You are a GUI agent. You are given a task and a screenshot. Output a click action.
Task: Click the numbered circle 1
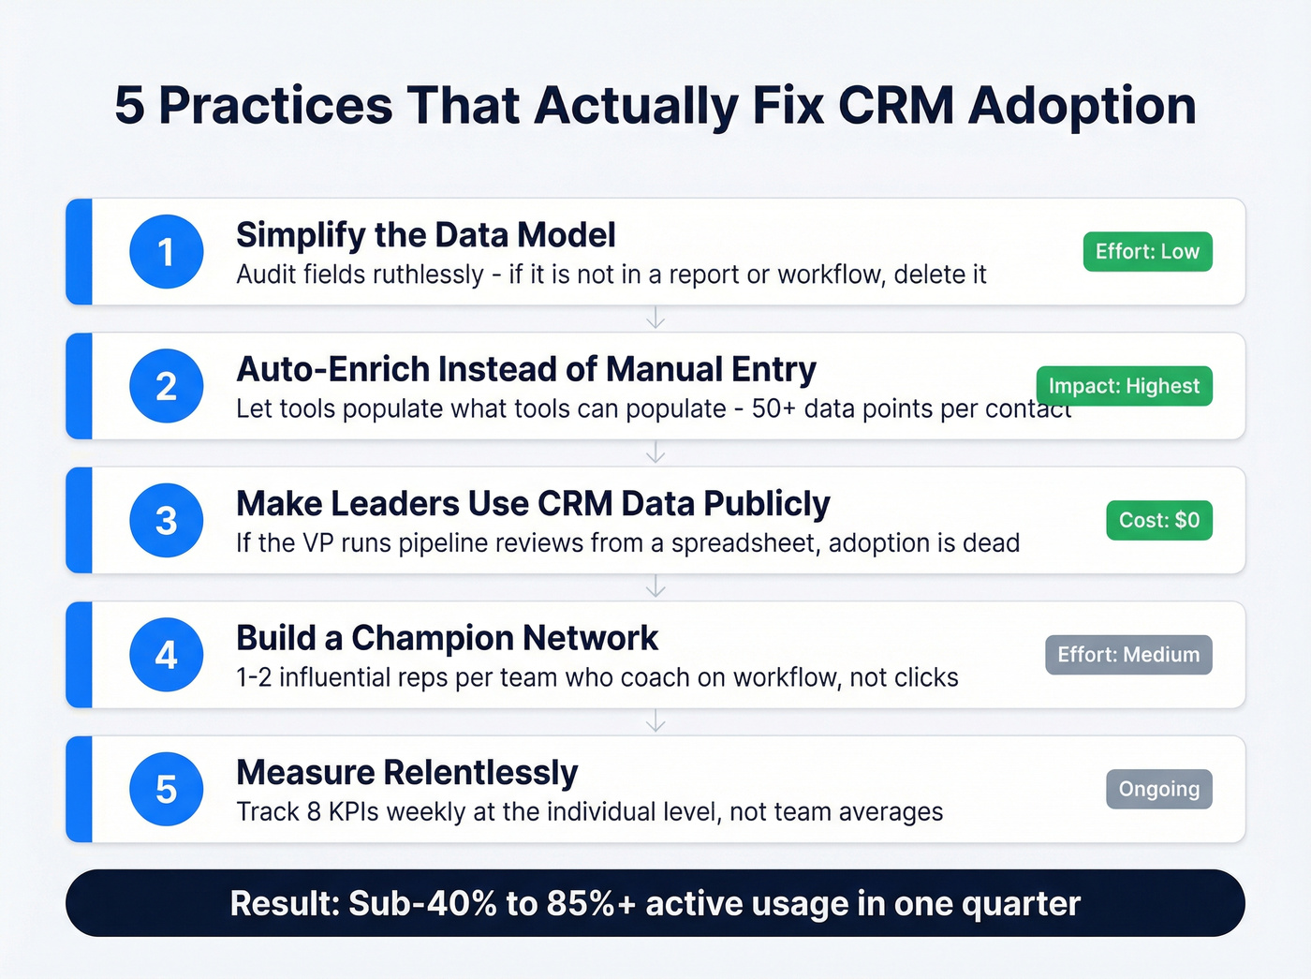coord(167,251)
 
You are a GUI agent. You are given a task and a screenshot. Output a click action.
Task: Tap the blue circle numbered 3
coord(167,520)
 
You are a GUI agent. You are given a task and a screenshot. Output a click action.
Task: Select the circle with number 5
coord(167,789)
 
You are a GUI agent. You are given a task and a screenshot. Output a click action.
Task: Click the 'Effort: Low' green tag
coord(1147,251)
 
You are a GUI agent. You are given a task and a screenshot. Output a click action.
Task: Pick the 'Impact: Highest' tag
coord(1124,386)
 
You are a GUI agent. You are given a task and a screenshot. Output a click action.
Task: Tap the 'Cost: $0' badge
coord(1159,520)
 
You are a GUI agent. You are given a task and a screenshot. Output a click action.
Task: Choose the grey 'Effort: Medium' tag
coord(1128,655)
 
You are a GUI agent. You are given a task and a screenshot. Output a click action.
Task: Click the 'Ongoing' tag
coord(1159,789)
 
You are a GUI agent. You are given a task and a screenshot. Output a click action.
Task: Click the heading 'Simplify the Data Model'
coord(426,235)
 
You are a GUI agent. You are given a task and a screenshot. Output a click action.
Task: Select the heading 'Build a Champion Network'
coord(448,638)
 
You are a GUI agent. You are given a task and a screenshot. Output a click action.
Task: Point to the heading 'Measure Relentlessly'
coord(407,773)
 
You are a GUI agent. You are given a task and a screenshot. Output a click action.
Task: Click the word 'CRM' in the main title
coord(895,105)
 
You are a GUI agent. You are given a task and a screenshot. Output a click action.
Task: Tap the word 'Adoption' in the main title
coord(1083,105)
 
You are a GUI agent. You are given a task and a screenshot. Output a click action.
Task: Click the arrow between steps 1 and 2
coord(655,319)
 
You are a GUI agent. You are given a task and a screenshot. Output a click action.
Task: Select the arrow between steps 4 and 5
coord(655,721)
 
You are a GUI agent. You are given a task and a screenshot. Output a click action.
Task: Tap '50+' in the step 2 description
coord(773,409)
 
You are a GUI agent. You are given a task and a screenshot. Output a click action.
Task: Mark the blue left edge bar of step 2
coord(80,386)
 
